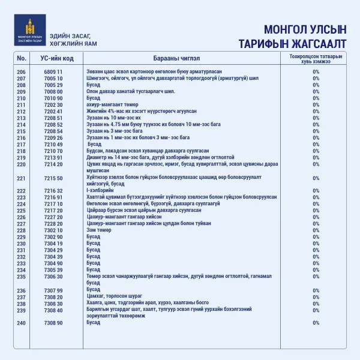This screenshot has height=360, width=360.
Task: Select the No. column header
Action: point(22,58)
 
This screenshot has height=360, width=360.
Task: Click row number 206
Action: point(22,72)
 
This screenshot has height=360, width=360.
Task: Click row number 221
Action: point(22,178)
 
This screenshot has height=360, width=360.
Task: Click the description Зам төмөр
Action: point(100,230)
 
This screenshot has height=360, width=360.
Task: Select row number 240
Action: point(22,323)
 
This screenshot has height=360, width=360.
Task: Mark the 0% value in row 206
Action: point(316,72)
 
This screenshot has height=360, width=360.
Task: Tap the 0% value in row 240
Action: point(316,323)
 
